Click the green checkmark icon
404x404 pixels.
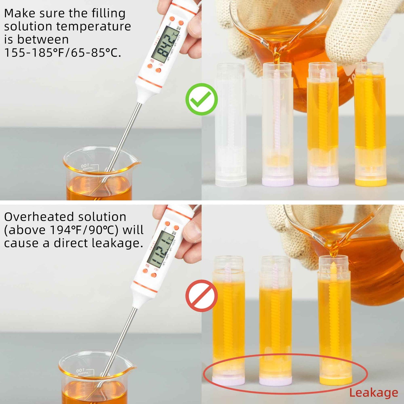click(202, 99)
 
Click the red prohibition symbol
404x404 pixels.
click(202, 296)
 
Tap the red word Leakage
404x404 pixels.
click(374, 393)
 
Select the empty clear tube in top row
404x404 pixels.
click(231, 124)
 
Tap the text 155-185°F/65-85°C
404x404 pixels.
click(63, 53)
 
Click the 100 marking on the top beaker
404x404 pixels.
click(84, 166)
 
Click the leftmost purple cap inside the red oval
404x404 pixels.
click(228, 381)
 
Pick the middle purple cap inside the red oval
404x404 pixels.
click(275, 381)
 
